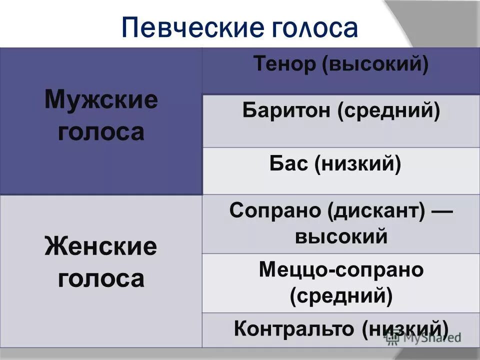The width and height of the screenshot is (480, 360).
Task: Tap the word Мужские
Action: click(101, 100)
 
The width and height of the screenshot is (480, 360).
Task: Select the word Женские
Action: click(101, 247)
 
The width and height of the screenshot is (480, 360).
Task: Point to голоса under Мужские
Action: click(101, 132)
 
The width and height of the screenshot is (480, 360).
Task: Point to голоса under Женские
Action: click(101, 278)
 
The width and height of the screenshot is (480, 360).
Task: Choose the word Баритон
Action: click(285, 111)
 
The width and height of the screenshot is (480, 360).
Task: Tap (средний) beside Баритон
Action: click(388, 111)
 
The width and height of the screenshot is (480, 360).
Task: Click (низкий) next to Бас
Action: click(358, 164)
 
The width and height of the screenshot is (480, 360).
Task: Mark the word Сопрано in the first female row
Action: click(274, 210)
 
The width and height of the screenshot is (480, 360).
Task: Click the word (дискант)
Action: click(376, 210)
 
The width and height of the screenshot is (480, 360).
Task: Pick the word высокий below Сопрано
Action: click(341, 235)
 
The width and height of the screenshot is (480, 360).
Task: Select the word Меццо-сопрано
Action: click(341, 270)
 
